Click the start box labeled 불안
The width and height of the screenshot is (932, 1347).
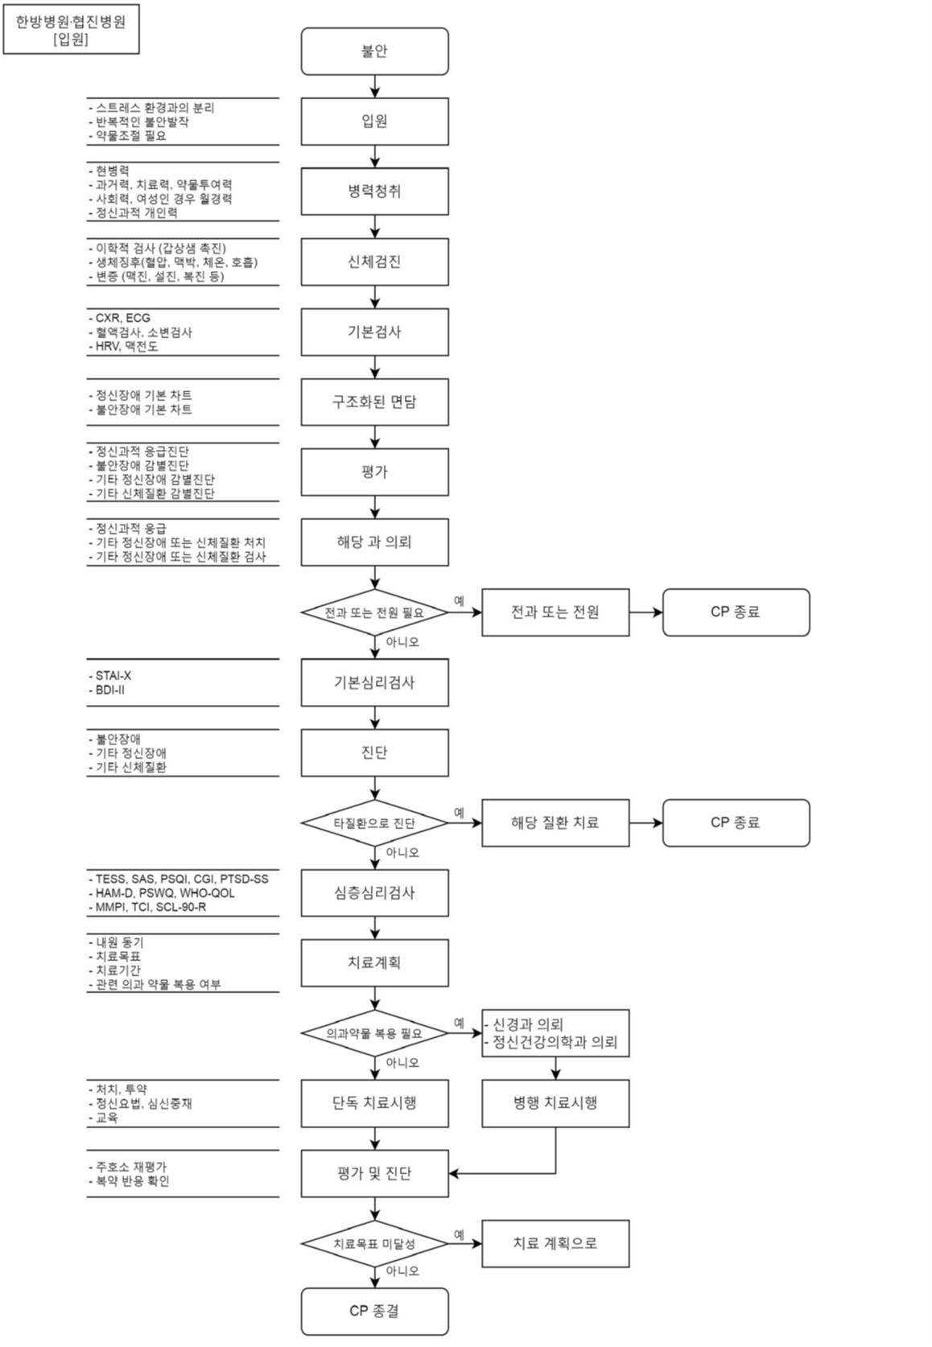(374, 51)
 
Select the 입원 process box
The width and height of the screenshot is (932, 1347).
(374, 122)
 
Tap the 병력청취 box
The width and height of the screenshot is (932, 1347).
(374, 192)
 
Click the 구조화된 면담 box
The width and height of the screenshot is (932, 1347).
(374, 402)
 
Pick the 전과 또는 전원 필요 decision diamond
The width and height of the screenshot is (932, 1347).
(374, 612)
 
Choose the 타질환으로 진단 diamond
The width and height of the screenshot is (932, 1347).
(374, 822)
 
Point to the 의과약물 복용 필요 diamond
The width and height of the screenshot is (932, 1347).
(374, 1033)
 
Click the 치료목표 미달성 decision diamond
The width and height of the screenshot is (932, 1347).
(374, 1244)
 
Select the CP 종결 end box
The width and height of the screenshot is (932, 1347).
(374, 1311)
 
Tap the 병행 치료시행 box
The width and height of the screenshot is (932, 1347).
(555, 1103)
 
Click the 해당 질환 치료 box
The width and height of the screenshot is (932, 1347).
(555, 822)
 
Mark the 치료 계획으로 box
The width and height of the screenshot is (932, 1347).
(555, 1244)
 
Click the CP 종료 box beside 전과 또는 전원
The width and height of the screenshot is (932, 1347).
(736, 612)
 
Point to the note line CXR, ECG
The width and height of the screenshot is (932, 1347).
(122, 318)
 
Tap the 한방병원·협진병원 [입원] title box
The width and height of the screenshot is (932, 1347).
(71, 31)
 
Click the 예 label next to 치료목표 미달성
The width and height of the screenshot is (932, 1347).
(459, 1234)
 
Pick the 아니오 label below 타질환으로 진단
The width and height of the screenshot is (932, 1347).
(402, 852)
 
